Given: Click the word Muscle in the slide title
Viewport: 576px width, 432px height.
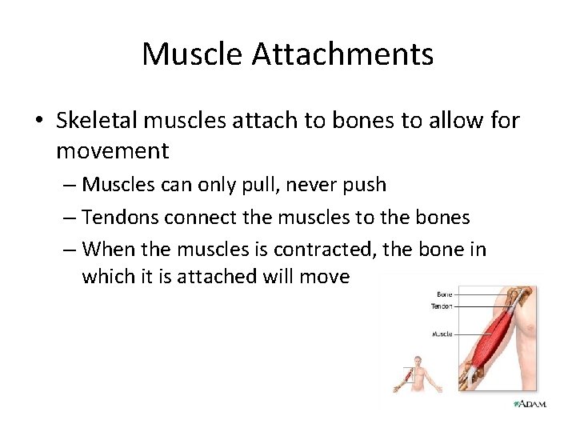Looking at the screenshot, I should pos(192,54).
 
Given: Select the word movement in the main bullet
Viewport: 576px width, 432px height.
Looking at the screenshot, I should pos(113,150).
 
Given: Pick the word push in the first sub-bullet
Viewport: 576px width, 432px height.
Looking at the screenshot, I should pos(365,185).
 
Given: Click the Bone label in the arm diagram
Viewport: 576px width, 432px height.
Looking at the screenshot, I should pos(444,295).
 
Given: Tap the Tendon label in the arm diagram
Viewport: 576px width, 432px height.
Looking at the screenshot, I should pos(441,306).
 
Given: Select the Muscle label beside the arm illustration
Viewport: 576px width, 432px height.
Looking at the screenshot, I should pos(442,334).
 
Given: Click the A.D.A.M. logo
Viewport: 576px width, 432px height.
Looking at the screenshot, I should pos(530,404).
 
